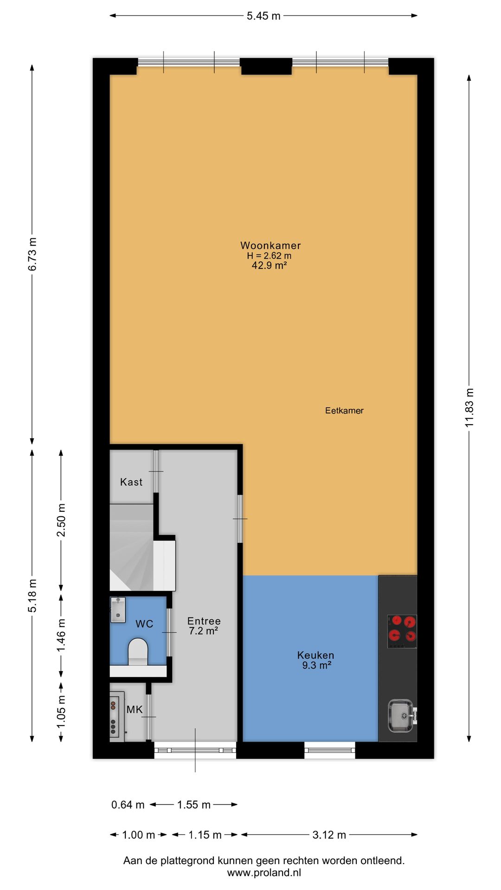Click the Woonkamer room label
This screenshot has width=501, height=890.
pos(270,246)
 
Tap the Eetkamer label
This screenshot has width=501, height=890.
pos(344,411)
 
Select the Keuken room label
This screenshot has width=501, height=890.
pos(315,655)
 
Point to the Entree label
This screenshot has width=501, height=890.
pos(204,621)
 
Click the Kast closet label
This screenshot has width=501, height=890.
pos(131,482)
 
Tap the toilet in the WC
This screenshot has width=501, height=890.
pos(138,651)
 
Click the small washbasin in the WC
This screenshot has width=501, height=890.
pos(118,610)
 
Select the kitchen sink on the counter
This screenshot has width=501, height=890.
pos(401,716)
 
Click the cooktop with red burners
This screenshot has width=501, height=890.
pos(402,631)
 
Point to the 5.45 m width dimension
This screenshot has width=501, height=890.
pos(263,16)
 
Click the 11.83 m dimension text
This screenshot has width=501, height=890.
pos(469,407)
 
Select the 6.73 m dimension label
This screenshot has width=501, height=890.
pos(32,254)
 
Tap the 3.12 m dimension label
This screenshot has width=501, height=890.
pos(329,835)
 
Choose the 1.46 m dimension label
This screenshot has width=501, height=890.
pos(61,635)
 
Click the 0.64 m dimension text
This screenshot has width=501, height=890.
pos(128,805)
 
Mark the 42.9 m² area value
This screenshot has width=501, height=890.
pos(269,266)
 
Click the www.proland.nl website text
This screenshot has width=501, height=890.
pos(264,872)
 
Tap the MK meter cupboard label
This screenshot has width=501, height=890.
pos(135,710)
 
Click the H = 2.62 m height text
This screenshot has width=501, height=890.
pos(269,256)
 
